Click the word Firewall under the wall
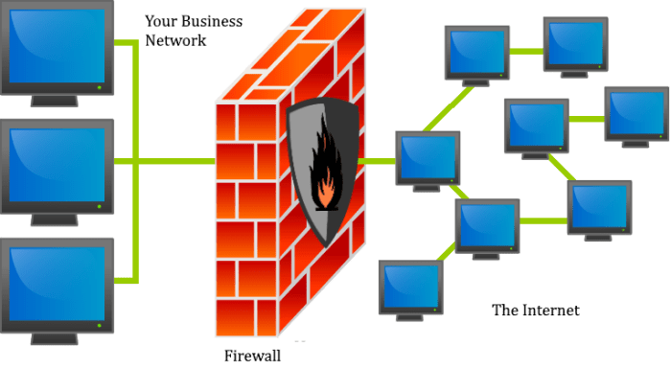pyautogui.click(x=252, y=355)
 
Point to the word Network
pyautogui.click(x=175, y=41)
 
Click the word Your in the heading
pyautogui.click(x=162, y=20)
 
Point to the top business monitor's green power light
pyautogui.click(x=100, y=87)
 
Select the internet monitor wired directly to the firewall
pyautogui.click(x=428, y=159)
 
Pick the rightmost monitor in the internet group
pyautogui.click(x=636, y=112)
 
